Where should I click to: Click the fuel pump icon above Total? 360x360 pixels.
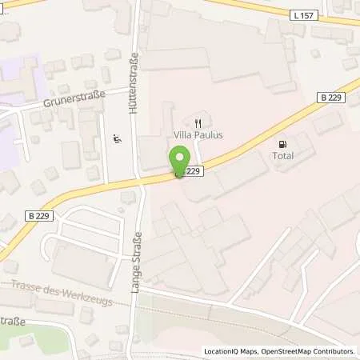tap(282, 145)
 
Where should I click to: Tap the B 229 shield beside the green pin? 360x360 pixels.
tap(192, 170)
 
